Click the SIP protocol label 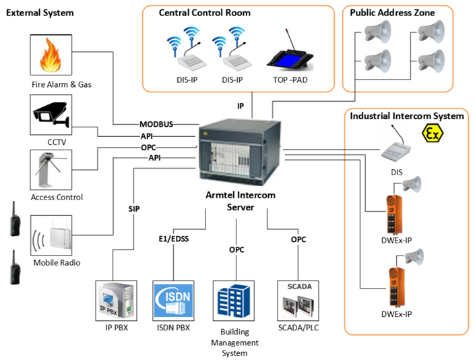coord(133,209)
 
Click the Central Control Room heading coord(204,13)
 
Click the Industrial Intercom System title coord(406,116)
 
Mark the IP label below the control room coord(240,107)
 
